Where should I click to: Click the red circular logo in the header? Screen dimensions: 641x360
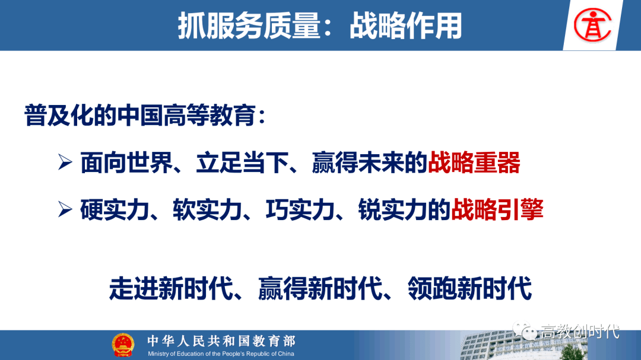pyautogui.click(x=592, y=26)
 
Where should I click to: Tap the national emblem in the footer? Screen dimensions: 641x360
pyautogui.click(x=123, y=345)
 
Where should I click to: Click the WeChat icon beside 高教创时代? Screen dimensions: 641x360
pyautogui.click(x=525, y=330)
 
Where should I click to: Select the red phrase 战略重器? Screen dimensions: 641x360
pyautogui.click(x=474, y=163)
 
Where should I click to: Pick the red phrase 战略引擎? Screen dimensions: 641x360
pyautogui.click(x=497, y=209)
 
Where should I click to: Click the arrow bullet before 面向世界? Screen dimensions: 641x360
pyautogui.click(x=65, y=163)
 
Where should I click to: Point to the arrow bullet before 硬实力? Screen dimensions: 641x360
pyautogui.click(x=65, y=209)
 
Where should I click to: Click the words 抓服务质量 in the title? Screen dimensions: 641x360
pyautogui.click(x=249, y=26)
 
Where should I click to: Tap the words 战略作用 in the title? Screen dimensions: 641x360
pyautogui.click(x=405, y=26)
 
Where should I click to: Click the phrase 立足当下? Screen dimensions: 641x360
pyautogui.click(x=242, y=163)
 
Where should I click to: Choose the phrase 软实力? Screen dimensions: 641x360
pyautogui.click(x=207, y=209)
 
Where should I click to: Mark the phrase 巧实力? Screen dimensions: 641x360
pyautogui.click(x=300, y=209)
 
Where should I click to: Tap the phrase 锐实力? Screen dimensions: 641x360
pyautogui.click(x=392, y=209)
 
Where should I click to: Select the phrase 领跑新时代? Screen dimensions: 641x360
pyautogui.click(x=469, y=288)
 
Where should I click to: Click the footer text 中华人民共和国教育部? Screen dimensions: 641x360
pyautogui.click(x=221, y=341)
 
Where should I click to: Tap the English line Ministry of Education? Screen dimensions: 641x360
pyautogui.click(x=221, y=354)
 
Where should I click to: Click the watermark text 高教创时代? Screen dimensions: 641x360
pyautogui.click(x=580, y=332)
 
